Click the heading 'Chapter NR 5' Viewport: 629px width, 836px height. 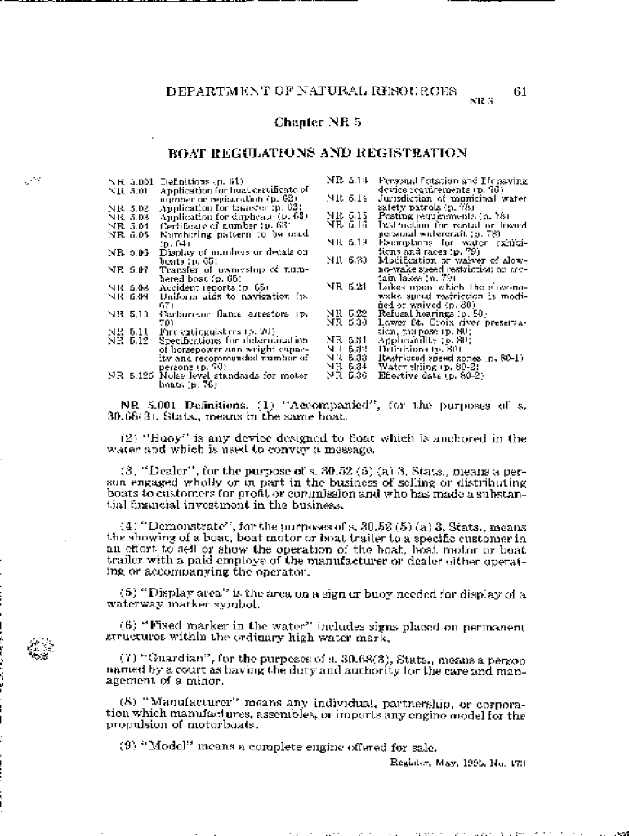pyautogui.click(x=318, y=122)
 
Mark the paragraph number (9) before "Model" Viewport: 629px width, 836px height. pyautogui.click(x=128, y=746)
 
